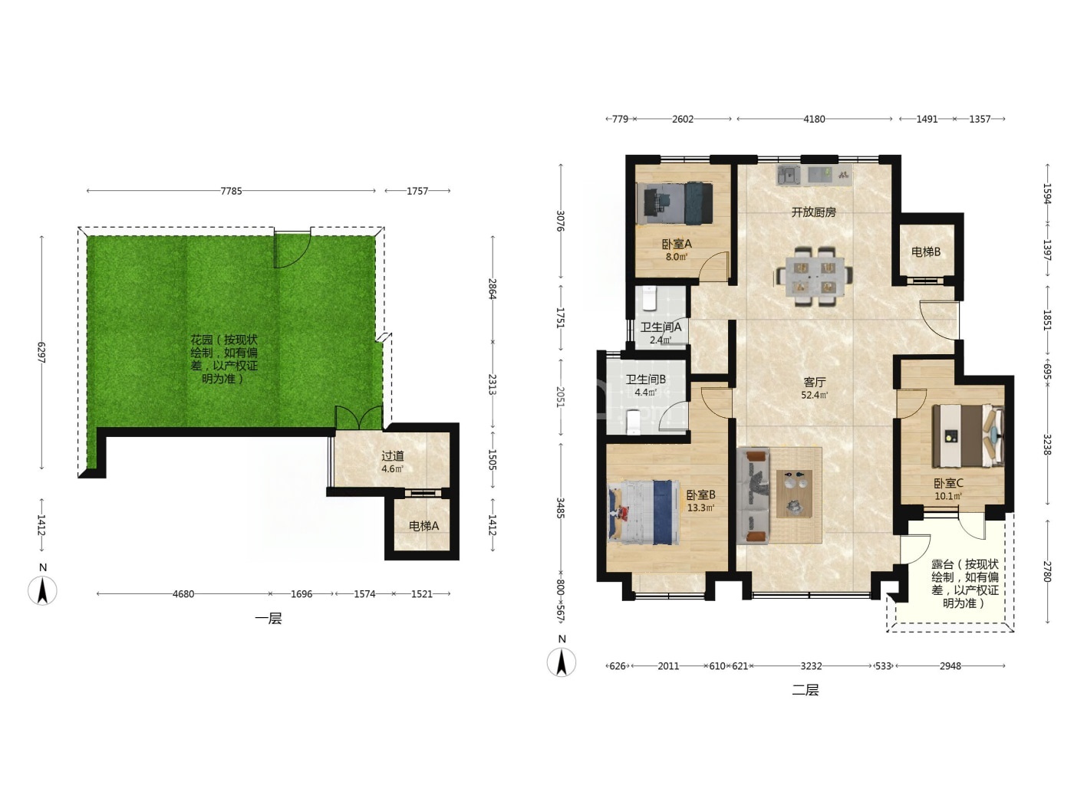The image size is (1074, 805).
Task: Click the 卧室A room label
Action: pyautogui.click(x=677, y=244)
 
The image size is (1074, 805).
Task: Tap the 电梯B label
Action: pyautogui.click(x=926, y=252)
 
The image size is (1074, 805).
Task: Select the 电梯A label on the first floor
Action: pyautogui.click(x=423, y=526)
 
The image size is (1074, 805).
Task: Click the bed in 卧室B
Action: pyautogui.click(x=644, y=511)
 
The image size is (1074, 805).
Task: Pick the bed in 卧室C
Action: pyautogui.click(x=968, y=436)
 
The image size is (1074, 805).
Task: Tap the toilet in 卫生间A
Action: pyautogui.click(x=649, y=299)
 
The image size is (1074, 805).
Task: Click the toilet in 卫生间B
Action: pyautogui.click(x=633, y=422)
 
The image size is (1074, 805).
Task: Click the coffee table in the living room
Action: pyautogui.click(x=795, y=493)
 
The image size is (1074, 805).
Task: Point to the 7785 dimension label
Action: pyautogui.click(x=231, y=191)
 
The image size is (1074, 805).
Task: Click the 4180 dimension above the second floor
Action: pyautogui.click(x=814, y=120)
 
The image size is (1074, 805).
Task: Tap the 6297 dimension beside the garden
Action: pyautogui.click(x=41, y=352)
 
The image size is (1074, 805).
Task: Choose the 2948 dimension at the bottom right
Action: pyautogui.click(x=950, y=666)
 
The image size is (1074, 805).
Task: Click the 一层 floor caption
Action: pyautogui.click(x=268, y=619)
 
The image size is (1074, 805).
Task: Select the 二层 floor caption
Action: pyautogui.click(x=805, y=690)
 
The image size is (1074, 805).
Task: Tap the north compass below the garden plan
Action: pyautogui.click(x=42, y=590)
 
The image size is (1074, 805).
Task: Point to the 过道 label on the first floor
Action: pyautogui.click(x=393, y=456)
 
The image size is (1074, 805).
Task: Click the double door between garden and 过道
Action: pyautogui.click(x=359, y=419)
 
